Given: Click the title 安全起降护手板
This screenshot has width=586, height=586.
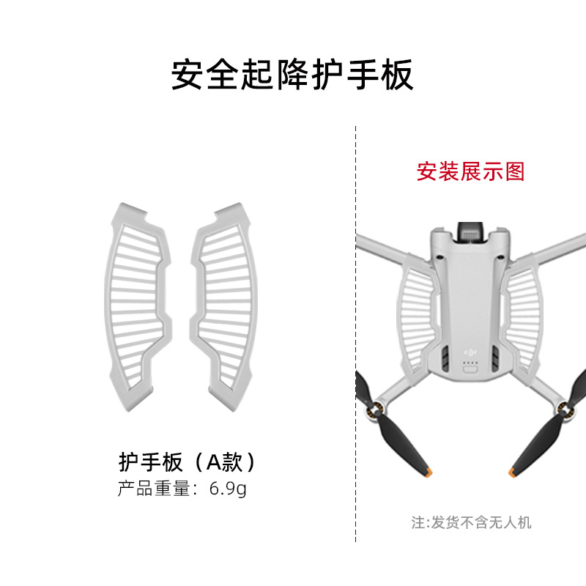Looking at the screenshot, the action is [292, 75].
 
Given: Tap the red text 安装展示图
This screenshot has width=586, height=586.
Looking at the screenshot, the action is [471, 171].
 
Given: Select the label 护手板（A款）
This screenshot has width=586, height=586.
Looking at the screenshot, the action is [188, 462].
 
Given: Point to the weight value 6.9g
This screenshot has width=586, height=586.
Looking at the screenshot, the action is [228, 489].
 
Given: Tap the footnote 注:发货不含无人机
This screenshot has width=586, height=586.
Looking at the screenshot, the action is [471, 522].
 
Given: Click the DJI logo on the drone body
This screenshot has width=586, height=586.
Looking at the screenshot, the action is [470, 352].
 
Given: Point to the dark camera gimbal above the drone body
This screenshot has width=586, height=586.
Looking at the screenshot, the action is [471, 232].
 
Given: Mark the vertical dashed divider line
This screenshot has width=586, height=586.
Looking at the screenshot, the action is [356, 330].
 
